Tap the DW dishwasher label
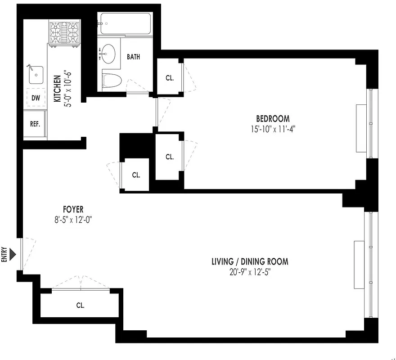(x=36, y=98)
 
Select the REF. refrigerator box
(x=35, y=124)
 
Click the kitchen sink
(x=36, y=75)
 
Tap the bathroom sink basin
(x=108, y=53)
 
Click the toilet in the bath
(x=112, y=80)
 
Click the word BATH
(x=133, y=57)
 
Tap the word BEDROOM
(x=272, y=119)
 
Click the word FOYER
(x=73, y=209)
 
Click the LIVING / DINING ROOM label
(x=250, y=261)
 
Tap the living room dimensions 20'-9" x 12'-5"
(x=250, y=271)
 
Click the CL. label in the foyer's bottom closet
(x=80, y=305)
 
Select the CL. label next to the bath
(x=169, y=78)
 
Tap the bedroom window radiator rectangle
(x=361, y=129)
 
